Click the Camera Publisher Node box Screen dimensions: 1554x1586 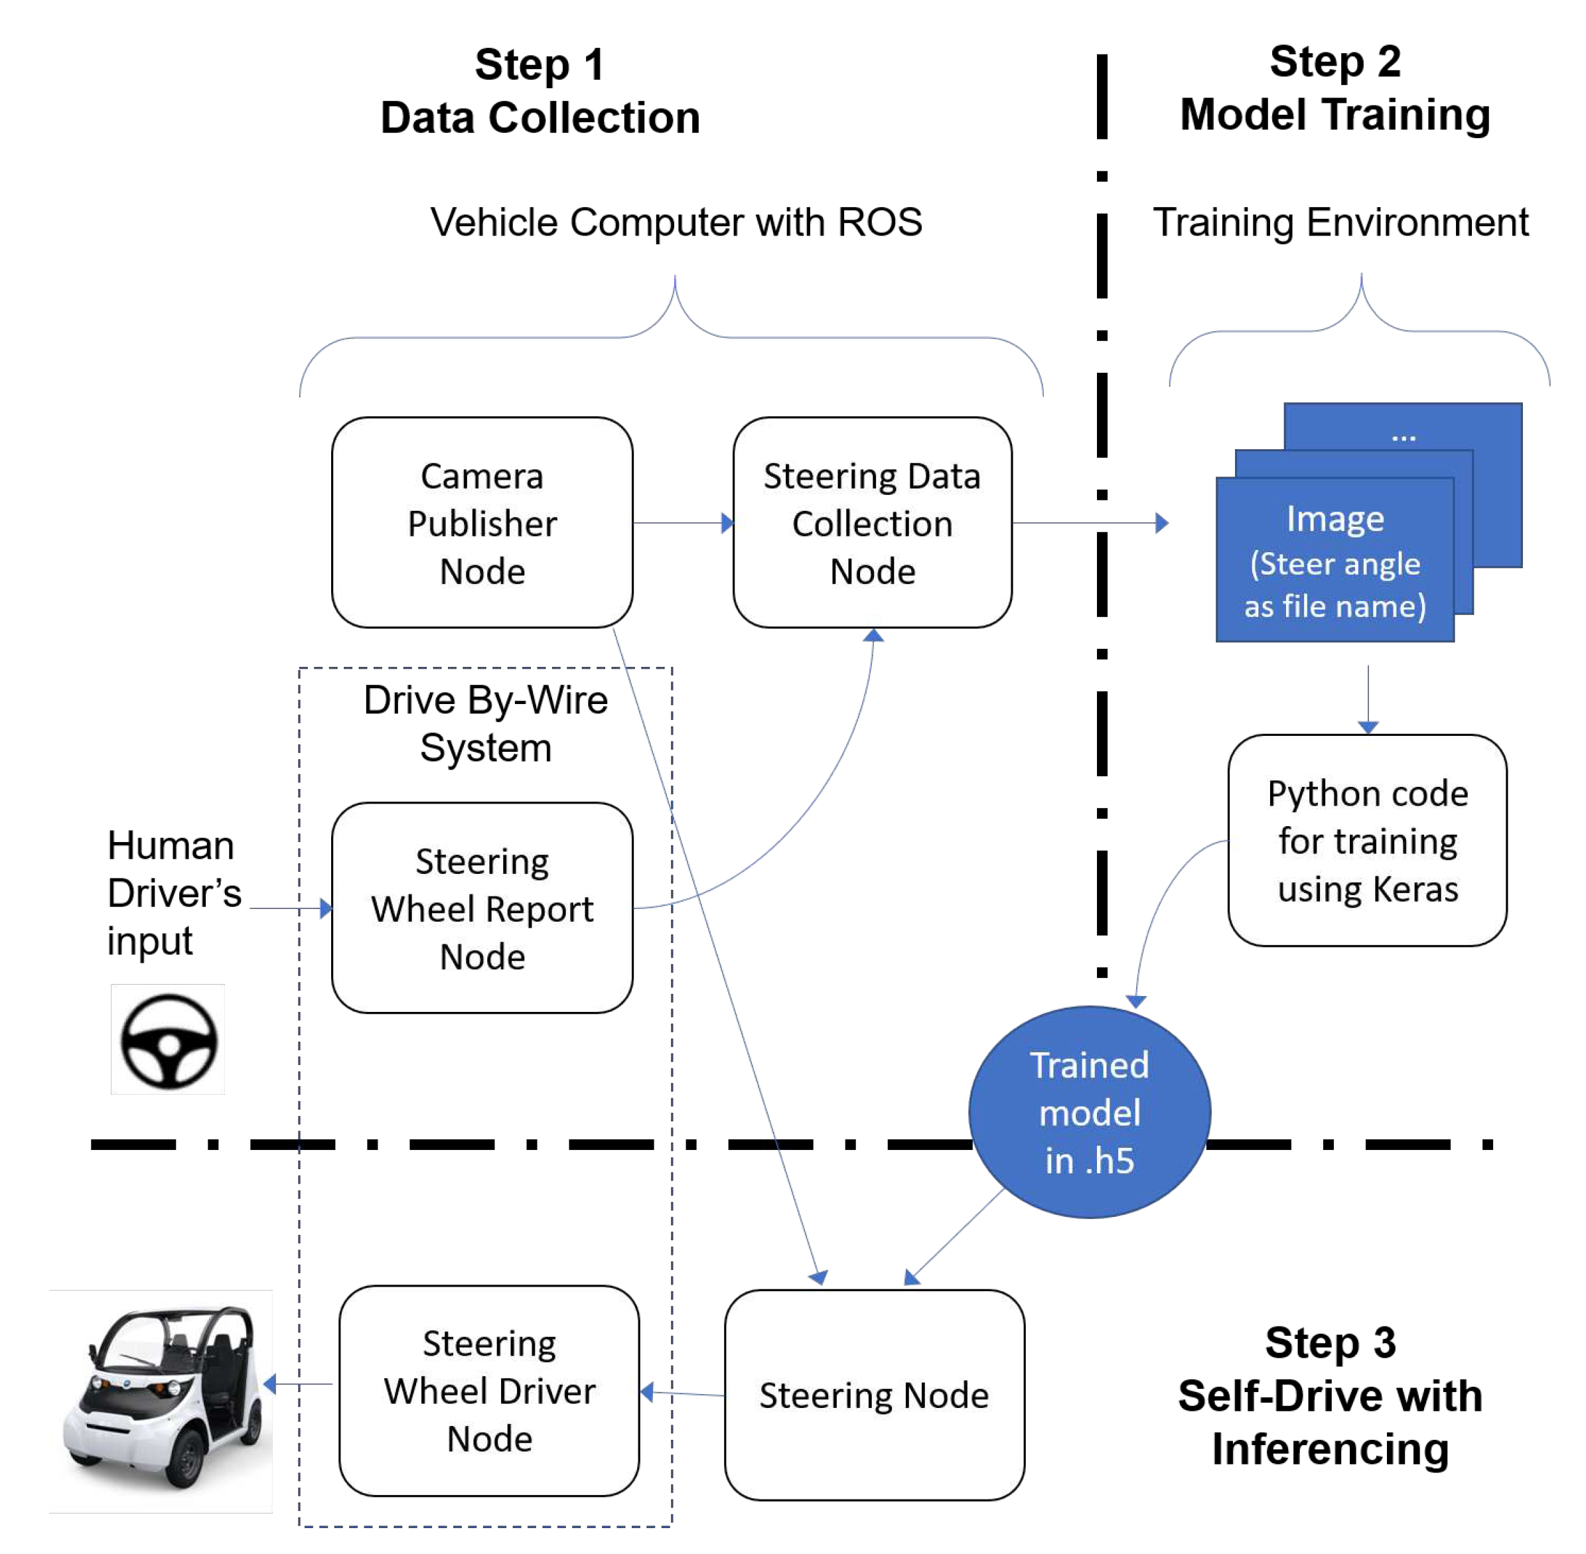[x=482, y=522]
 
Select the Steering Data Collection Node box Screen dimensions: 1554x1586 [x=872, y=522]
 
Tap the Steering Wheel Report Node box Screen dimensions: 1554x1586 [x=482, y=908]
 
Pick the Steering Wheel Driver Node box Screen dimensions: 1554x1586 [x=489, y=1390]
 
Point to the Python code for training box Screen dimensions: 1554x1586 [x=1366, y=840]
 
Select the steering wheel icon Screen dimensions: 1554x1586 [x=168, y=1040]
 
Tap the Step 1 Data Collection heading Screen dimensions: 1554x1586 [x=540, y=91]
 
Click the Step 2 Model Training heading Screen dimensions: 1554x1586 [x=1334, y=88]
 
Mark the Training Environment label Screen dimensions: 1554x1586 [x=1340, y=222]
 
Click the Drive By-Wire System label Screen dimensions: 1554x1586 [x=485, y=723]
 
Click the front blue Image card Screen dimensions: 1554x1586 [x=1334, y=561]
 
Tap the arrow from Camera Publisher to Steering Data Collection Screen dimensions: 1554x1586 [x=682, y=522]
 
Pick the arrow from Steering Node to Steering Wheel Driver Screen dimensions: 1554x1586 [x=682, y=1393]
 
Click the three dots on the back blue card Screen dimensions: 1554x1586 [x=1403, y=437]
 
